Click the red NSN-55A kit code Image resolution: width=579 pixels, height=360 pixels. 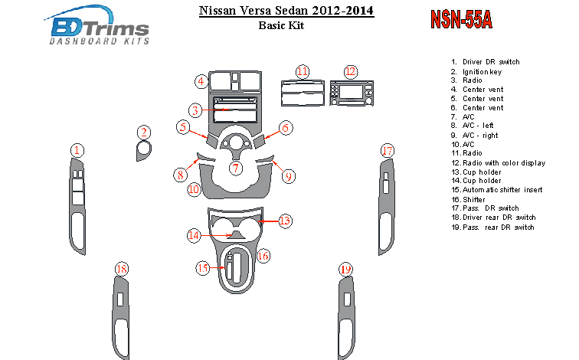[461, 19]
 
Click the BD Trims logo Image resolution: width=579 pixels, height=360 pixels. [97, 25]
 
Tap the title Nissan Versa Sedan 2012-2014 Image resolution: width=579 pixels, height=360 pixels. [286, 10]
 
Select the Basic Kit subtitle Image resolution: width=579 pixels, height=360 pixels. [281, 25]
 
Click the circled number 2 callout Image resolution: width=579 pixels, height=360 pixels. [144, 133]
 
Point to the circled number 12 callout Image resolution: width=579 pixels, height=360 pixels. [351, 72]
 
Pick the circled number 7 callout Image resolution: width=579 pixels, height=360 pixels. [236, 169]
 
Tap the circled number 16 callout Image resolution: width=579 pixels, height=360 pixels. [263, 256]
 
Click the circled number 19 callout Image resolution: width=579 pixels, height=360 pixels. [345, 269]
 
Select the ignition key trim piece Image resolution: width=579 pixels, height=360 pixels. [143, 151]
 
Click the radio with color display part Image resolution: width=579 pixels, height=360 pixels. [352, 93]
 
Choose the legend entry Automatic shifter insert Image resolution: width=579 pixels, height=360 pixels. [497, 190]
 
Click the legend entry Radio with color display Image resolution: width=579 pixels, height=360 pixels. [499, 163]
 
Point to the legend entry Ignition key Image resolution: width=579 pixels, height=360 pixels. [476, 72]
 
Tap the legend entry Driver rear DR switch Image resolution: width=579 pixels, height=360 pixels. [493, 218]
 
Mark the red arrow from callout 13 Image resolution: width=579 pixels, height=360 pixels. [268, 221]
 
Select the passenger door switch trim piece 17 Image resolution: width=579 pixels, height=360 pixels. [386, 207]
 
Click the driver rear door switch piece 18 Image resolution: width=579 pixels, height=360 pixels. [121, 319]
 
